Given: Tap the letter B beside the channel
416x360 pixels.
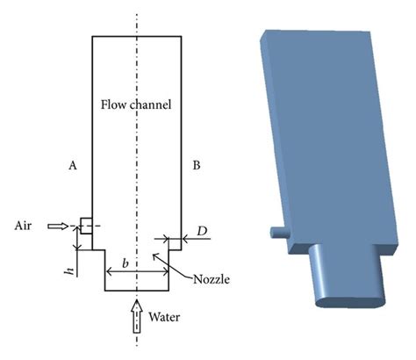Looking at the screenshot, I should click(197, 163).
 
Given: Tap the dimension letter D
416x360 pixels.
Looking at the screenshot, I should click(202, 231).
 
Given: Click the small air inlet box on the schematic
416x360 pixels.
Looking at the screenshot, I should click(87, 226).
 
